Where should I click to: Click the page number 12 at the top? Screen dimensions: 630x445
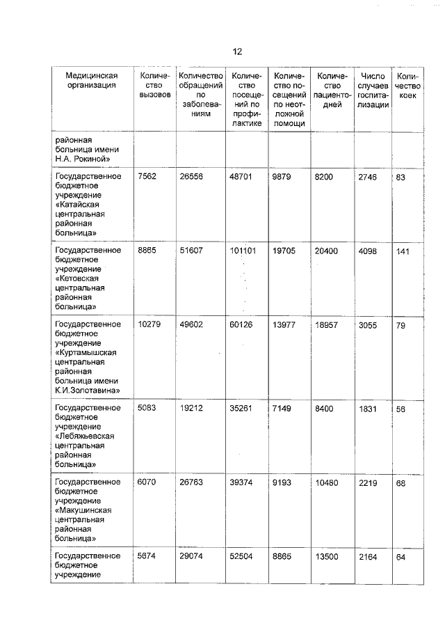[x=236, y=52]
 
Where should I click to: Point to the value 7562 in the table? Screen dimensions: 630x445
[x=147, y=177]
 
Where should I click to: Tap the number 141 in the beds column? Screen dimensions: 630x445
[x=401, y=251]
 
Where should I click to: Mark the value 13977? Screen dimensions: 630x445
[x=284, y=324]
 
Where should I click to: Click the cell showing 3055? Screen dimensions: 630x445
[x=367, y=324]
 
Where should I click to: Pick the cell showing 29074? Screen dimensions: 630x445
[x=192, y=556]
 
